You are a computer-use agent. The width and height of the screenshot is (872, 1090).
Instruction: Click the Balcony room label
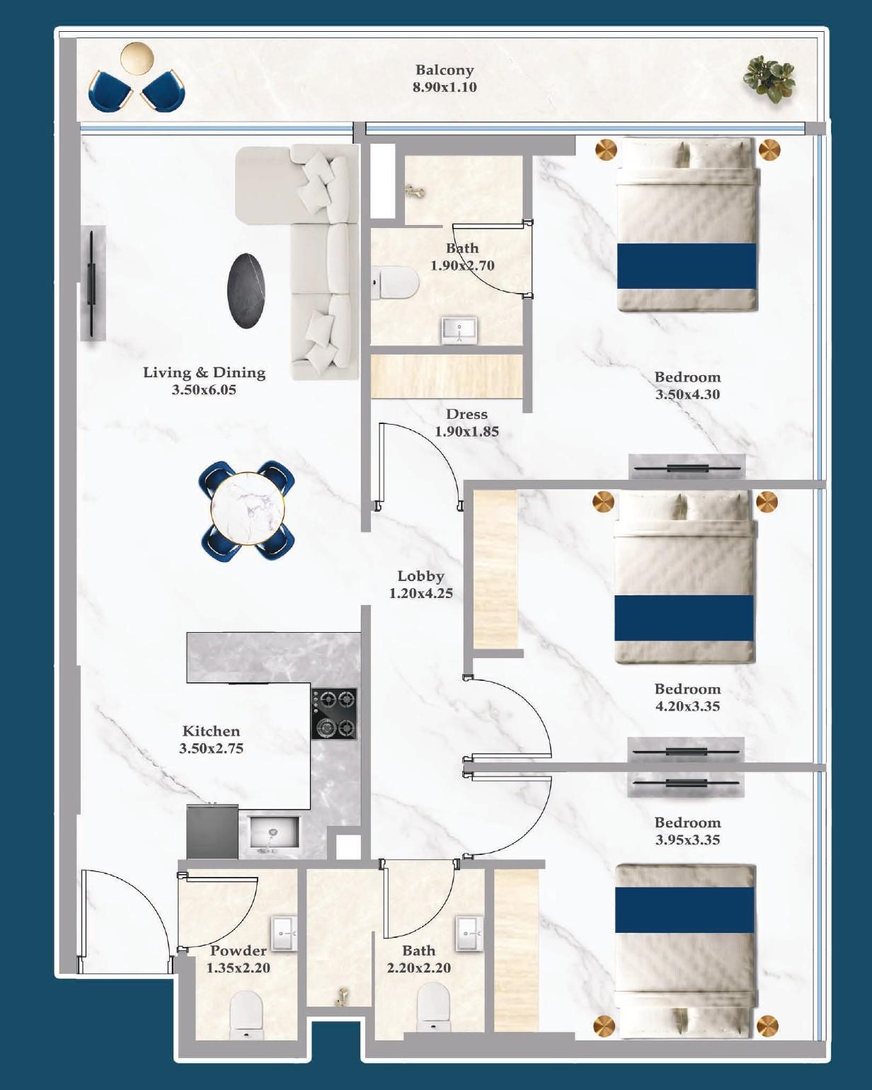[444, 70]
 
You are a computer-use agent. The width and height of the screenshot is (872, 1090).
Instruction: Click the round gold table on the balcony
[137, 58]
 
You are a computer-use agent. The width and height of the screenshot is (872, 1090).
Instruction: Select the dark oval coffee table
[246, 291]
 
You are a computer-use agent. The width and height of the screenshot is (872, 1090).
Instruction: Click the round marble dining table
[248, 507]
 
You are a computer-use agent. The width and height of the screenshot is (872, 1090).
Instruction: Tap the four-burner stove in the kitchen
[334, 713]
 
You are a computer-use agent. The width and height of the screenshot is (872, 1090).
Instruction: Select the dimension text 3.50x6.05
[204, 390]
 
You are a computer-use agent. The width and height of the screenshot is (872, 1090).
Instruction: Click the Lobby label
[420, 576]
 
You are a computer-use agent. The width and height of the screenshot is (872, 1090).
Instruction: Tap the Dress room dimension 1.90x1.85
[466, 432]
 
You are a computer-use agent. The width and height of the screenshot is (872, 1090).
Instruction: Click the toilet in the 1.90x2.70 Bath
[396, 284]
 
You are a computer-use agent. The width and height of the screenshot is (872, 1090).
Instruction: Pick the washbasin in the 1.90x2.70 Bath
[459, 330]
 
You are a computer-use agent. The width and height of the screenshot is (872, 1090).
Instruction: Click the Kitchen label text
[211, 731]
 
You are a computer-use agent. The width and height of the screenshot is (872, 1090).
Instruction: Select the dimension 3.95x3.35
[687, 840]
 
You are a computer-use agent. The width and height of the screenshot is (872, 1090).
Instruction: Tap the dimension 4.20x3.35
[687, 706]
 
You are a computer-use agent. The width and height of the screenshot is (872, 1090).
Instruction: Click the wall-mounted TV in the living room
[91, 283]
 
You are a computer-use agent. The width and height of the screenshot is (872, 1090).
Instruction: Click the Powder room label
[238, 951]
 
